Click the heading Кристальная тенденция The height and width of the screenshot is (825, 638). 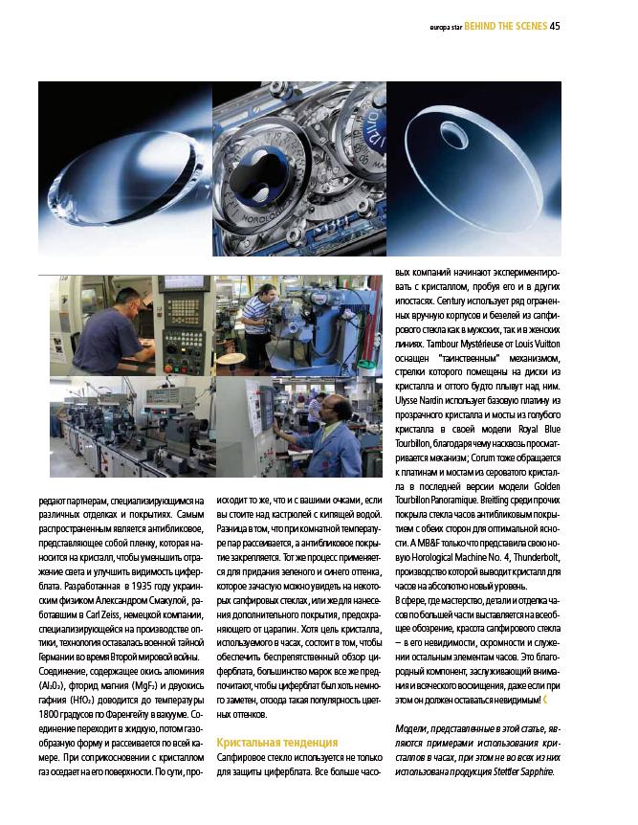pos(276,742)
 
